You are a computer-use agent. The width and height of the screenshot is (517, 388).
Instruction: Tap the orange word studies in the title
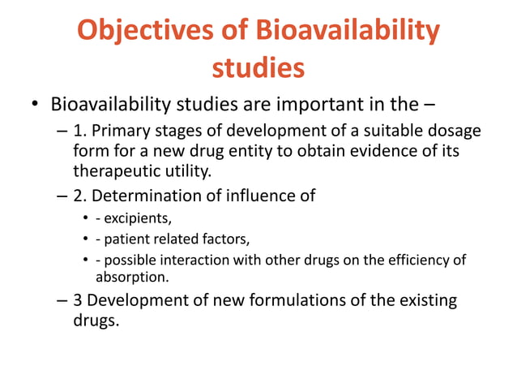[x=258, y=67]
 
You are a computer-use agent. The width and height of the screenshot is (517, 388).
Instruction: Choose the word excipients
[x=135, y=219]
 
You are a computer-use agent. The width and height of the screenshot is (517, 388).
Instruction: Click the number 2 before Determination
[x=79, y=196]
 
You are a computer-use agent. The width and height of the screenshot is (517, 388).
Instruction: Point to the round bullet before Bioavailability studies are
[x=36, y=106]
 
